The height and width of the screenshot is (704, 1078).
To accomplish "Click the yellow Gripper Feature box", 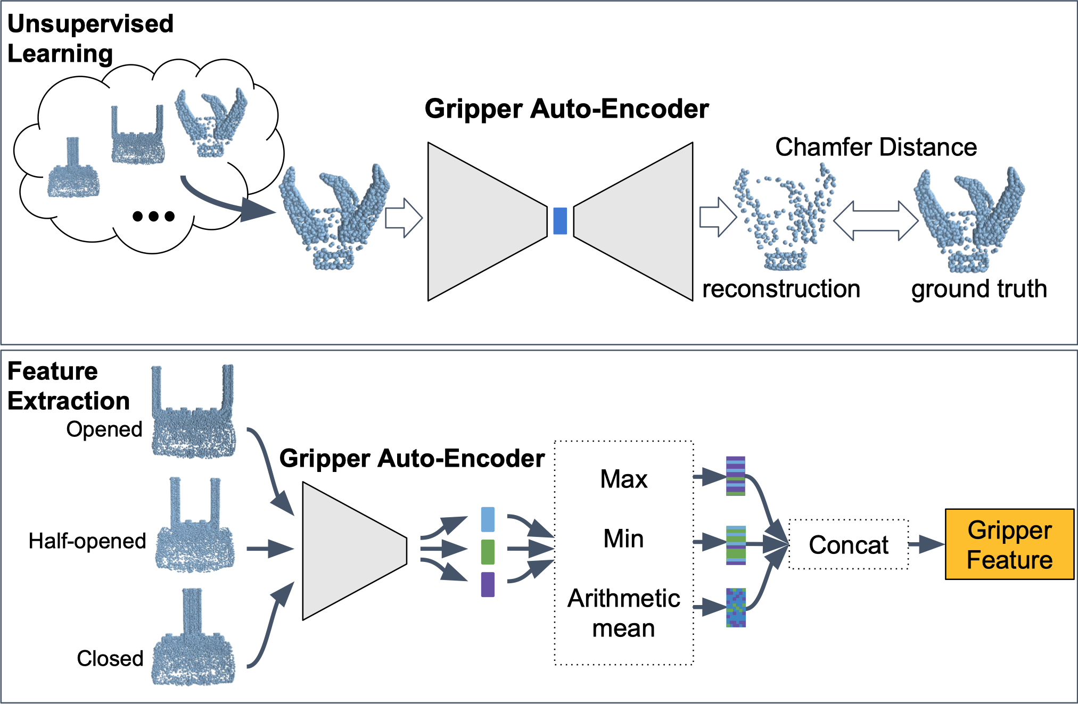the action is click(x=1009, y=544).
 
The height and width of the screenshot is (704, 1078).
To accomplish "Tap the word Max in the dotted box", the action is click(x=624, y=479).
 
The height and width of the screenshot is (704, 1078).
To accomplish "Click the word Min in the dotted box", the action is click(x=623, y=539).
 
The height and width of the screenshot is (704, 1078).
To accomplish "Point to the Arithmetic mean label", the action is click(x=624, y=613).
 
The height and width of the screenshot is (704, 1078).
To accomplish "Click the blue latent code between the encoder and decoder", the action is click(x=560, y=221).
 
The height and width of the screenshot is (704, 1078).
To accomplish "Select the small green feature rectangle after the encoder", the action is click(x=488, y=552).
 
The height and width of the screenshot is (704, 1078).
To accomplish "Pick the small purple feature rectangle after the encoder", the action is click(x=488, y=584).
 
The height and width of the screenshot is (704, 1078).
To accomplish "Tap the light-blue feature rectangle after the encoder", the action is click(x=488, y=519).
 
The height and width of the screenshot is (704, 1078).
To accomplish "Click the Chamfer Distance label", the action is click(x=876, y=147).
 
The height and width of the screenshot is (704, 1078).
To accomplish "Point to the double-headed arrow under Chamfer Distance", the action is click(x=876, y=221).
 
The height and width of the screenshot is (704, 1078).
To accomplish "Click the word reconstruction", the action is click(x=781, y=289).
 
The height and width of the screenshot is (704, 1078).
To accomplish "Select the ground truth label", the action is click(x=979, y=289).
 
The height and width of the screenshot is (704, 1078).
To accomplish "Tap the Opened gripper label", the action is click(x=104, y=429).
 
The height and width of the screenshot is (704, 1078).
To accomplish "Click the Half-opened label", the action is click(x=87, y=541).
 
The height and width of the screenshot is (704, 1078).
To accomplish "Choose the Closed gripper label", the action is click(x=110, y=658).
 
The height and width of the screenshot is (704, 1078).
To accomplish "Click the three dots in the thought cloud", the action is click(x=153, y=216).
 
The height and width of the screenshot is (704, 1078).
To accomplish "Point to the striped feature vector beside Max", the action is click(x=736, y=476).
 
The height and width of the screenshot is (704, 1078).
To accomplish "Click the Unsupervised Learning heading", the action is click(x=90, y=38).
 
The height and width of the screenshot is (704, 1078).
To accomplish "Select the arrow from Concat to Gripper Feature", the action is click(x=927, y=544).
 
